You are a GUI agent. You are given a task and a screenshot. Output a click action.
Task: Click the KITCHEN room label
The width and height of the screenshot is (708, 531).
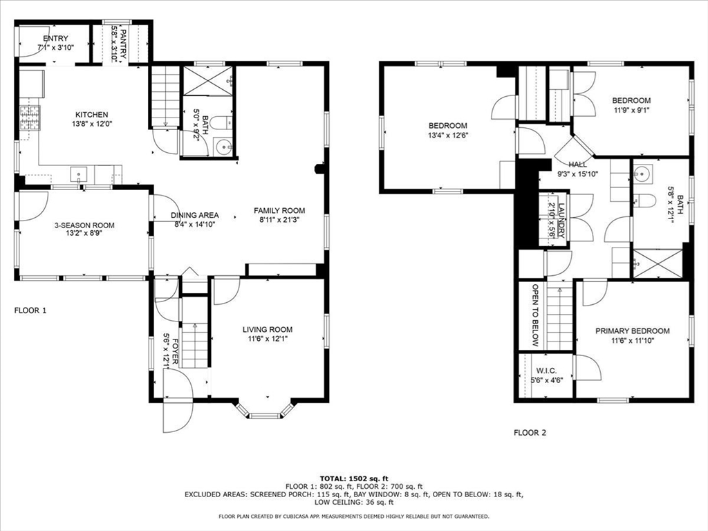coord(92,115)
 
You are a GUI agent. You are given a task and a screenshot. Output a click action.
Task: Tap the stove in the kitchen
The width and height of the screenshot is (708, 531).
coord(30,118)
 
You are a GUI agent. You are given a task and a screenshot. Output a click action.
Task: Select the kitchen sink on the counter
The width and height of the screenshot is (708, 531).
coord(79,174)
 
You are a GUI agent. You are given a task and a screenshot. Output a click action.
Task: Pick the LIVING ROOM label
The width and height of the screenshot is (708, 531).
coord(268,330)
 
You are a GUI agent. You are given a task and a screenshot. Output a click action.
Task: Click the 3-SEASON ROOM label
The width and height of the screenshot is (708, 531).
coord(84,225)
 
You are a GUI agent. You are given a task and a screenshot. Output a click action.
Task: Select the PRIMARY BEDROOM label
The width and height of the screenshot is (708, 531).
coord(632,331)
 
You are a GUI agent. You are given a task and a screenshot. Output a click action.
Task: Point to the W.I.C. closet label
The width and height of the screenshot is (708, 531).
coord(546,371)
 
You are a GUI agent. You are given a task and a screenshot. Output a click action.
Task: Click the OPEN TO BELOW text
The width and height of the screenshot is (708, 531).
coord(536,315)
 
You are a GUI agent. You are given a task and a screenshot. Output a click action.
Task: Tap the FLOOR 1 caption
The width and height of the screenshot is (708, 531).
coord(30,310)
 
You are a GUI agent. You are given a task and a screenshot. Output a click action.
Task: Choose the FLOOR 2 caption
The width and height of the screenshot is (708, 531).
coord(530,433)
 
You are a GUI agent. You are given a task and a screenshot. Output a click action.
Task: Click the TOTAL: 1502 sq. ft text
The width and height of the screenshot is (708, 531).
coord(354,478)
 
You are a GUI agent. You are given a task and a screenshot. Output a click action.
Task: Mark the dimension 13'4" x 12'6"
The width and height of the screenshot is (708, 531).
coord(448,135)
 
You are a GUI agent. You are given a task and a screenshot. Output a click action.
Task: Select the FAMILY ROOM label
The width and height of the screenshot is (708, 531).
coord(279,210)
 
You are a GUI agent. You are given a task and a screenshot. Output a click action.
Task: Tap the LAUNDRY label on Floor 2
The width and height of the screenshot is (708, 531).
coord(561,221)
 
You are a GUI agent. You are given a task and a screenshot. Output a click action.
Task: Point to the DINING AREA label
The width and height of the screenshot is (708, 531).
coord(194,216)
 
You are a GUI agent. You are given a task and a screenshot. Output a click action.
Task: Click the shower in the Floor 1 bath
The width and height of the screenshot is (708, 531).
coord(207,82)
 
